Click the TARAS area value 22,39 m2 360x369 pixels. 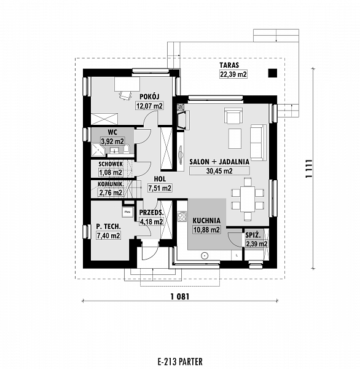click(x=233, y=74)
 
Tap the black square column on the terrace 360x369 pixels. click(x=273, y=73)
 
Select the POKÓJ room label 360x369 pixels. click(x=149, y=97)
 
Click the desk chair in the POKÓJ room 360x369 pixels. click(x=125, y=95)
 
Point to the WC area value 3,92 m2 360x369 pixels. click(x=112, y=141)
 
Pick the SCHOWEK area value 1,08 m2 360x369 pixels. click(x=111, y=172)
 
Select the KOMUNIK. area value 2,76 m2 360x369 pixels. click(x=111, y=192)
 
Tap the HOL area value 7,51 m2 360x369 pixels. click(x=160, y=188)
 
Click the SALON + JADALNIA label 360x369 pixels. click(x=219, y=162)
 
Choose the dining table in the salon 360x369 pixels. click(x=248, y=199)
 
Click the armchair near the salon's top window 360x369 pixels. click(x=233, y=116)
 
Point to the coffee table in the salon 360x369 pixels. click(x=235, y=138)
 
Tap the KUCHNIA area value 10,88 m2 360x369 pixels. click(x=206, y=229)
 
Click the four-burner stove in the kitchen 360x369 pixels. click(x=182, y=216)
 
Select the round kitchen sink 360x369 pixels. click(x=205, y=255)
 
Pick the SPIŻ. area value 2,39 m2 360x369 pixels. click(x=256, y=244)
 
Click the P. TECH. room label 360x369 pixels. click(x=108, y=226)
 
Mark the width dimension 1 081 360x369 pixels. click(x=180, y=296)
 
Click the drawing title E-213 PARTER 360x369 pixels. click(x=180, y=361)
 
